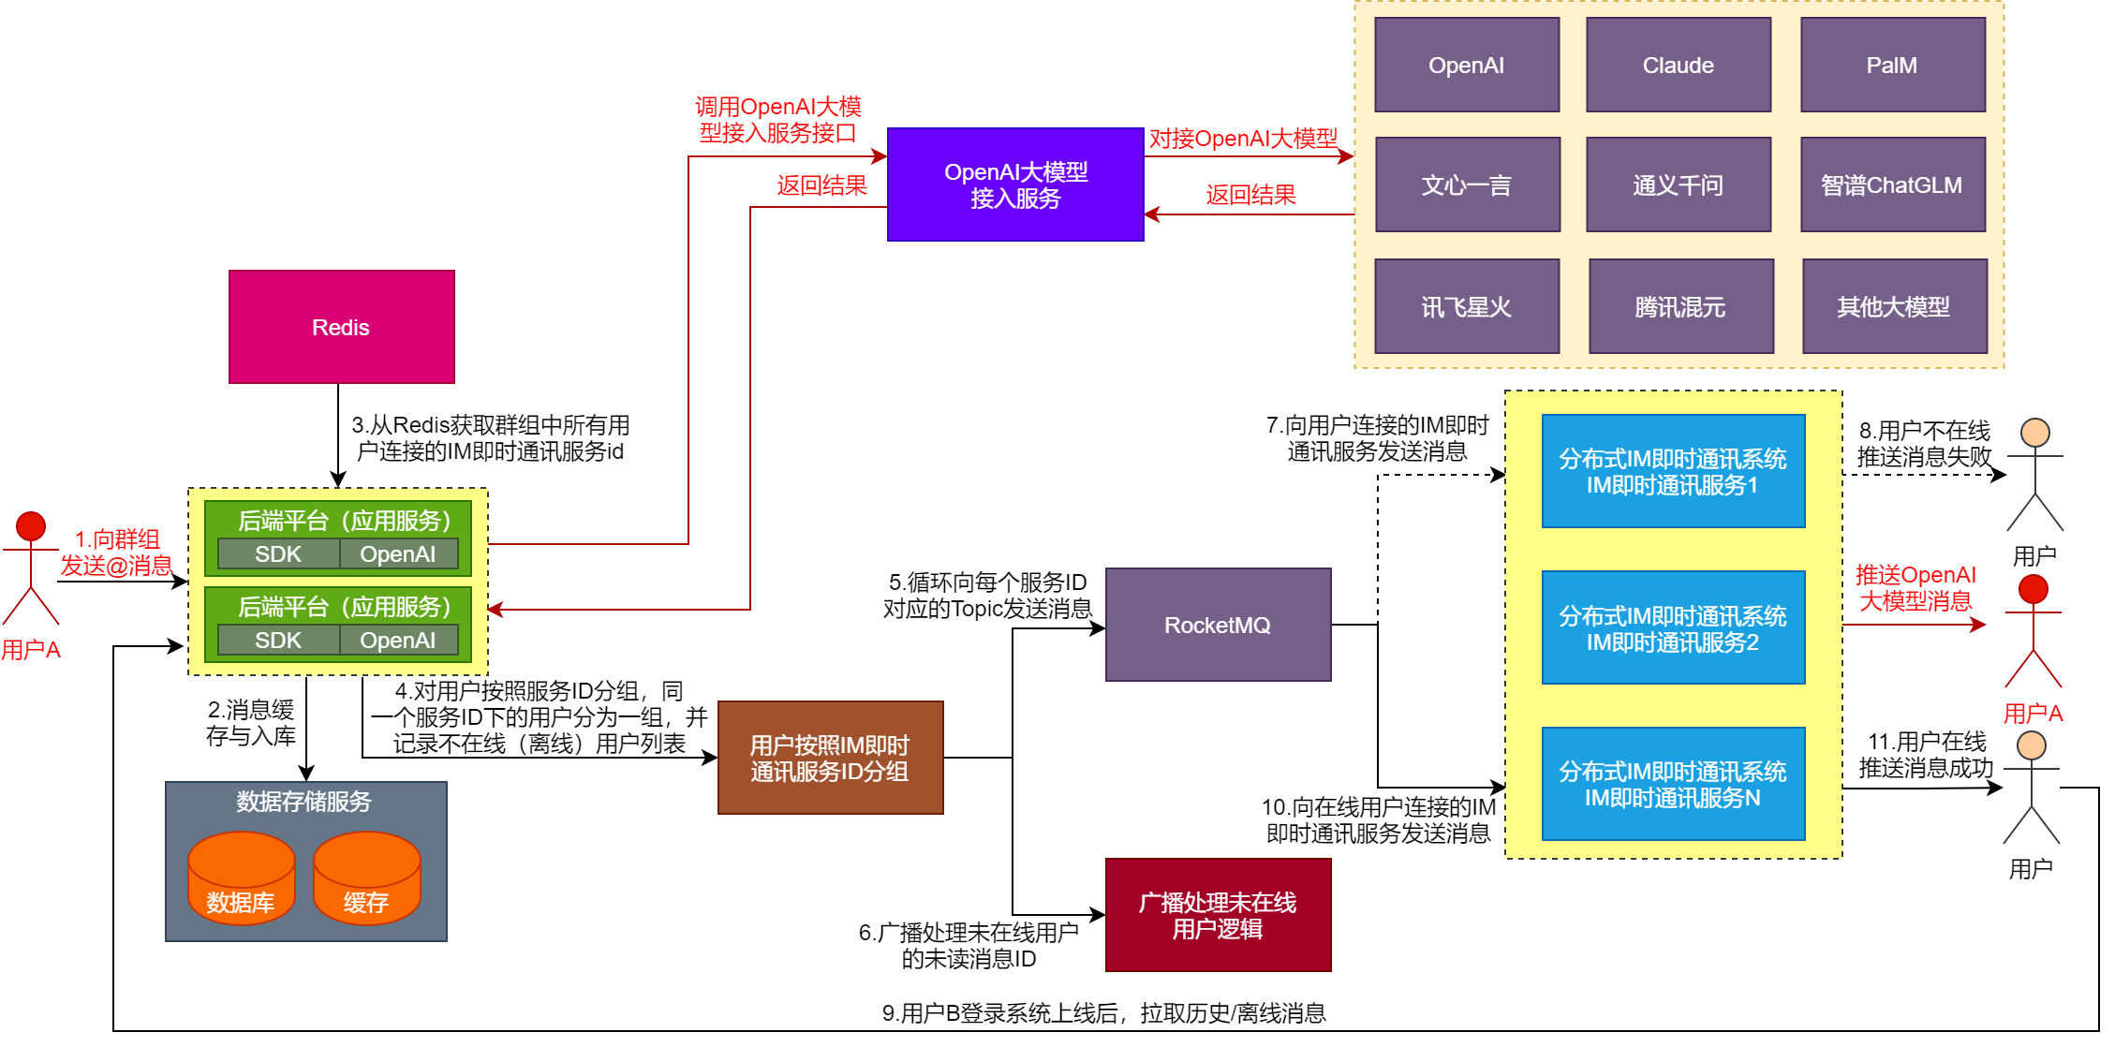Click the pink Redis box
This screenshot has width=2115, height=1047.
pos(341,327)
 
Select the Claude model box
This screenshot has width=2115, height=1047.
pos(1678,65)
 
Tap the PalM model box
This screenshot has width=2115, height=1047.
pos(1892,65)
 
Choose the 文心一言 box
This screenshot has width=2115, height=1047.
pos(1467,184)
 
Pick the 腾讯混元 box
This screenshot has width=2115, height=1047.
pos(1680,306)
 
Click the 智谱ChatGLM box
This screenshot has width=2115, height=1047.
pos(1892,184)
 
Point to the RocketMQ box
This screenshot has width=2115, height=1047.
pos(1218,625)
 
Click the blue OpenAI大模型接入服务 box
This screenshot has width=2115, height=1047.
pos(1015,184)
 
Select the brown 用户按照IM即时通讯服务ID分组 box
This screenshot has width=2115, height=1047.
pos(830,758)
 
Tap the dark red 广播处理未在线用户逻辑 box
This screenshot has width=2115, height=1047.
pos(1218,915)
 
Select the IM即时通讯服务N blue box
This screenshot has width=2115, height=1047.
pos(1673,784)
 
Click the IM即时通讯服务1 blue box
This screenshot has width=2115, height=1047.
pos(1673,471)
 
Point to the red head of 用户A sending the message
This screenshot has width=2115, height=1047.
pos(31,525)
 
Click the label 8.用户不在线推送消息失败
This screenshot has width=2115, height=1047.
pos(1924,444)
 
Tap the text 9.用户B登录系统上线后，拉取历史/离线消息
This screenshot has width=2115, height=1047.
pos(1103,1012)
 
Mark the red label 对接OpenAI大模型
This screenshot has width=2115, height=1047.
pos(1243,139)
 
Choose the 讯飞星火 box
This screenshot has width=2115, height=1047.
pos(1467,306)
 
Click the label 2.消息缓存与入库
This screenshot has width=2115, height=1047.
pos(251,722)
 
